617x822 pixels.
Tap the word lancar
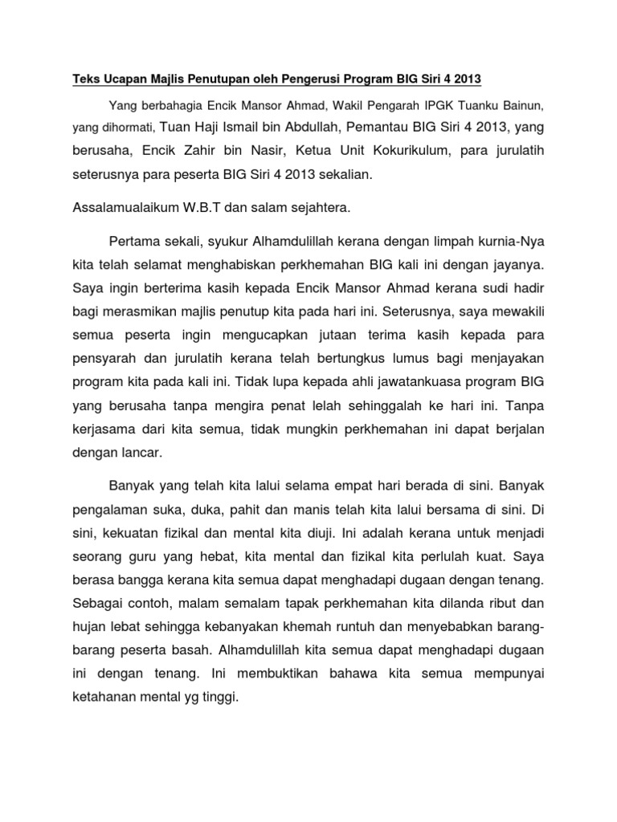click(x=144, y=454)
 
